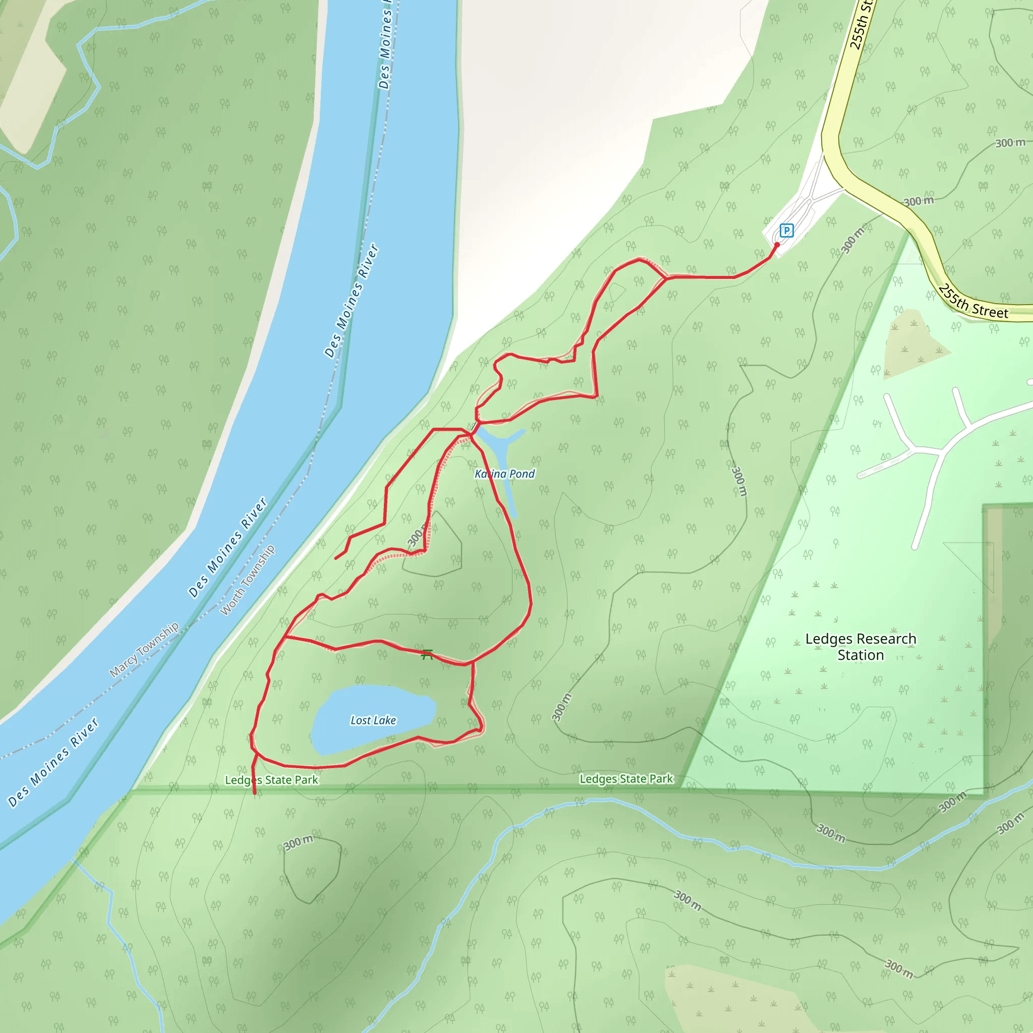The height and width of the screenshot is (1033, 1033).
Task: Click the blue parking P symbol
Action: (x=786, y=231)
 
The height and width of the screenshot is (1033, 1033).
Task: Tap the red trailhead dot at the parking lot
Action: (x=777, y=245)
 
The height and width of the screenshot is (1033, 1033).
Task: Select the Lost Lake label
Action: (x=373, y=721)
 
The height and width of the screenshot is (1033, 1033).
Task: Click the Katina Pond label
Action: (x=505, y=474)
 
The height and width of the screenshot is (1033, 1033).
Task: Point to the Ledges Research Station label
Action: (x=860, y=647)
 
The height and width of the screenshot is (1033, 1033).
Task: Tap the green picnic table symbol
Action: (x=427, y=654)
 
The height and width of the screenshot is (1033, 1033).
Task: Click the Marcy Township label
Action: (x=144, y=650)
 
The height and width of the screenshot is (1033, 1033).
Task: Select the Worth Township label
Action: (x=248, y=580)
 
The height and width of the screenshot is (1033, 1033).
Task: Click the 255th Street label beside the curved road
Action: (x=973, y=303)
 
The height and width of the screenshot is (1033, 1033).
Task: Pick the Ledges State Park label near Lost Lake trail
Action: (x=272, y=780)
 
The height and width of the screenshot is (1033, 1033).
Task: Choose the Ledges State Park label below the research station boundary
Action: (x=626, y=779)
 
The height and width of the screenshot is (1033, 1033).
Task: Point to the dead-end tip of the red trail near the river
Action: (x=336, y=559)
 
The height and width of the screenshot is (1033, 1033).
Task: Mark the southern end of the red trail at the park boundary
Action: (x=255, y=793)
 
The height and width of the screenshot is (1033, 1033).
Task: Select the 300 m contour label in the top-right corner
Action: (x=1010, y=143)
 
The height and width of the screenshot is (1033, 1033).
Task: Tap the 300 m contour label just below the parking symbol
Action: (x=852, y=240)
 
